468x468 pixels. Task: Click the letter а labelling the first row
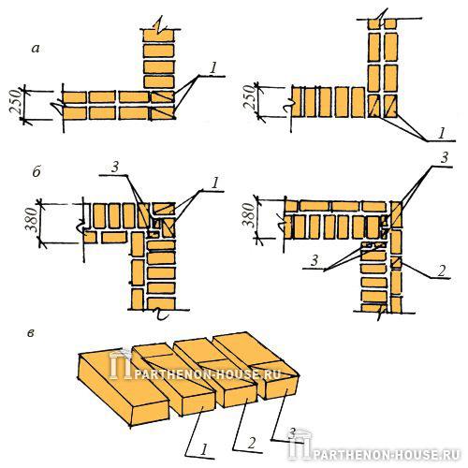coord(36,49)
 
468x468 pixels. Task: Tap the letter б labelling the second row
coord(37,171)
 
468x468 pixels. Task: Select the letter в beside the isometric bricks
coord(31,333)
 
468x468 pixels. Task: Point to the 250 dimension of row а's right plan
coord(251,97)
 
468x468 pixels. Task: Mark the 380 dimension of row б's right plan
coord(249,214)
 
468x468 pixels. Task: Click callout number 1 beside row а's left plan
coord(213,68)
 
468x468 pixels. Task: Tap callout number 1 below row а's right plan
coord(441,134)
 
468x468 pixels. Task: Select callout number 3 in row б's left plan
coord(115,168)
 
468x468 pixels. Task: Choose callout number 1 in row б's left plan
coord(214,183)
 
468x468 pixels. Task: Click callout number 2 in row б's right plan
coord(442,270)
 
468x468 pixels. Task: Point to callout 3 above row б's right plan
coord(445,157)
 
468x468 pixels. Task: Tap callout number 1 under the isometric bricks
coord(203,449)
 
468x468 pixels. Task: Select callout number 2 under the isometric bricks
coord(252,443)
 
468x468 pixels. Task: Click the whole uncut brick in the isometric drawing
coord(124,388)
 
